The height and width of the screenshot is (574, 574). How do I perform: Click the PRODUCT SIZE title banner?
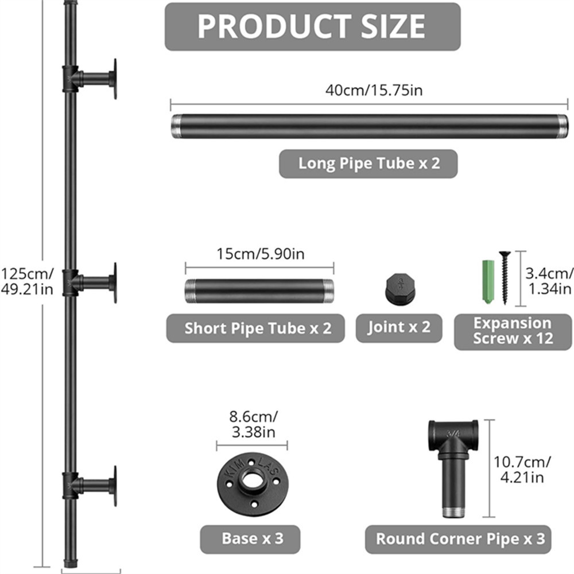[312, 26]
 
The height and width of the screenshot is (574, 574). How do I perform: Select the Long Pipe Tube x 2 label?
[368, 164]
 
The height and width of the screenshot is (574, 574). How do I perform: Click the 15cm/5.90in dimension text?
[259, 254]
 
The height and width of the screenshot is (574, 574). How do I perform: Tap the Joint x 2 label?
[399, 328]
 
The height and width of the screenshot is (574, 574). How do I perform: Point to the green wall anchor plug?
[487, 281]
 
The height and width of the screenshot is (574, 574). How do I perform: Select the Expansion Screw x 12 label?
[513, 331]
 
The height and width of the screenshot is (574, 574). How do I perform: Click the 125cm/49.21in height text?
[27, 281]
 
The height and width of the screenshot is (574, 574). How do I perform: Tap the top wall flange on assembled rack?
[114, 79]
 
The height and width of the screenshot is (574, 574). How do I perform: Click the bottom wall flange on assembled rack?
[114, 486]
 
